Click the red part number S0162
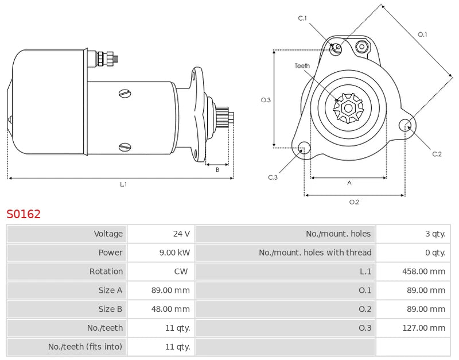point(24,214)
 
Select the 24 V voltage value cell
point(181,234)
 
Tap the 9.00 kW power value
point(177,253)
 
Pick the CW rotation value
point(181,272)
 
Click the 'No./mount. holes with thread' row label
point(315,253)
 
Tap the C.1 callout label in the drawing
point(302,18)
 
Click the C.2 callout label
point(437,153)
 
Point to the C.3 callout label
point(273,177)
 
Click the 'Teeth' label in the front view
point(302,66)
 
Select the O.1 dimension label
point(422,34)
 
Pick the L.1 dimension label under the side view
point(123,185)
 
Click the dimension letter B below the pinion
point(217,169)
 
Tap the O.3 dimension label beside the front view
point(266,100)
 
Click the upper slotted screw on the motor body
point(125,93)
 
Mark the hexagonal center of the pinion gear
point(348,107)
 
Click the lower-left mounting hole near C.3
point(304,148)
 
